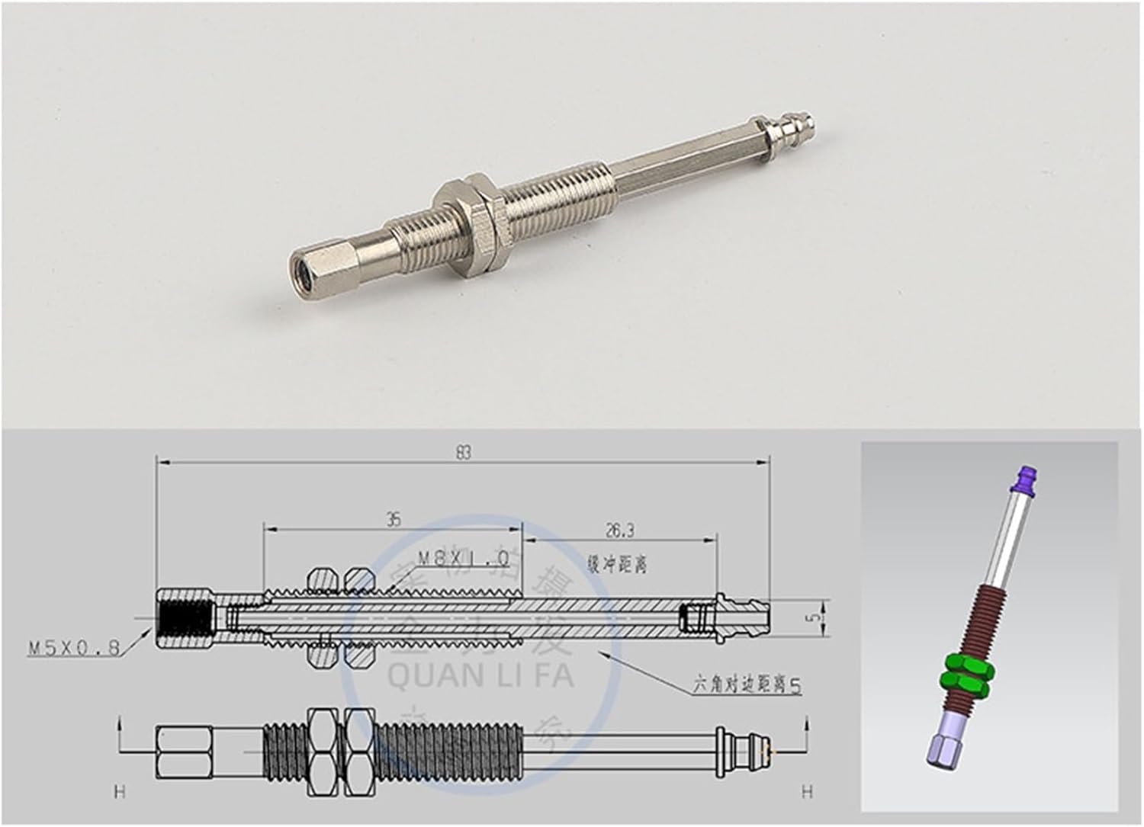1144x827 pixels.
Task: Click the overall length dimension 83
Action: (462, 452)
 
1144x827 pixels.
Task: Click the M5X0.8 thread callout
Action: (74, 649)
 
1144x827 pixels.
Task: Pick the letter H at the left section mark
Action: (119, 793)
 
